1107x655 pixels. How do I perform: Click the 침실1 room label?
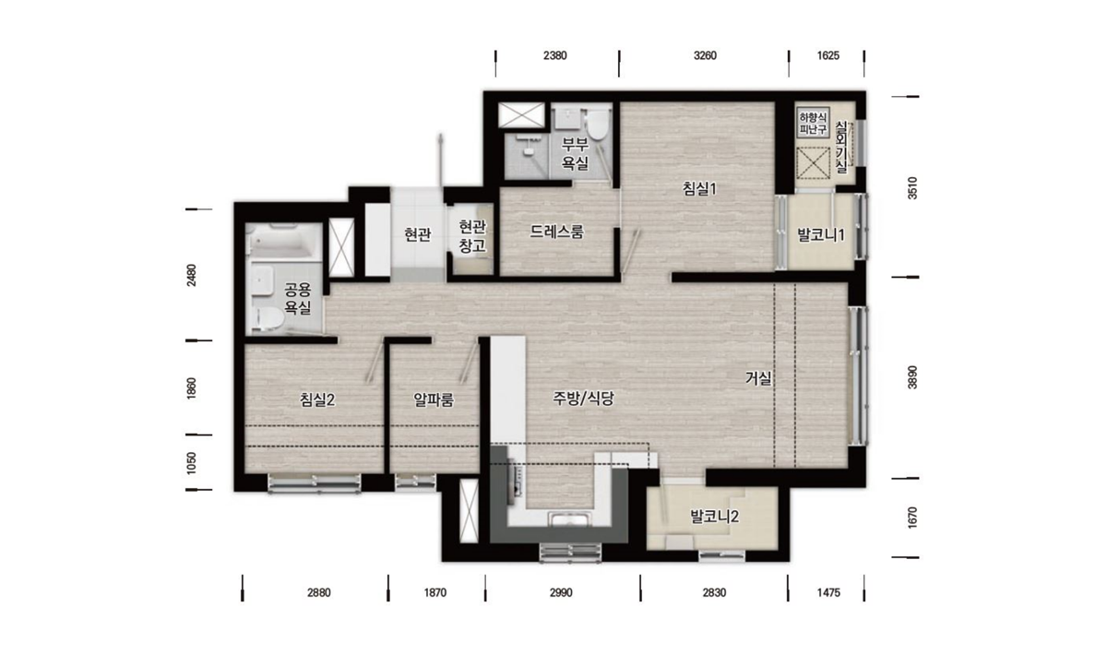tap(699, 188)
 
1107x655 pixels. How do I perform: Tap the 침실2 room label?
tap(317, 399)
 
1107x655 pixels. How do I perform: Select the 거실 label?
tap(758, 378)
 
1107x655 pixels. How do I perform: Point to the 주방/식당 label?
tap(583, 398)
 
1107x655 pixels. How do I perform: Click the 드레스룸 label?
tap(557, 232)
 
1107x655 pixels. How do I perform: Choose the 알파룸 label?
tap(434, 399)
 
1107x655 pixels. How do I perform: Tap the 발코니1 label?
tap(821, 235)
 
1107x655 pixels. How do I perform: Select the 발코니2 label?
tap(714, 517)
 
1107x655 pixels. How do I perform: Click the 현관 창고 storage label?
tap(472, 236)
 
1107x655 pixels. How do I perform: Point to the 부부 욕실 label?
tap(576, 154)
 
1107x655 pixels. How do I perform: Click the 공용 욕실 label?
tap(297, 298)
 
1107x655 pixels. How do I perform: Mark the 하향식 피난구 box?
tap(813, 124)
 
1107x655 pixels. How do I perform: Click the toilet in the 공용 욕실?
tap(268, 318)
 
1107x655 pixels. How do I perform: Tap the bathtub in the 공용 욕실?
tap(282, 242)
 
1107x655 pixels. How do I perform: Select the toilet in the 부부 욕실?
tap(597, 125)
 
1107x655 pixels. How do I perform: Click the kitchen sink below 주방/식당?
tap(570, 520)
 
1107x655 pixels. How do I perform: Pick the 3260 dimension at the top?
tap(705, 55)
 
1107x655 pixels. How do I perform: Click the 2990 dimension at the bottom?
tap(561, 592)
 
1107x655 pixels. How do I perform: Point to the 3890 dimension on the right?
tap(912, 377)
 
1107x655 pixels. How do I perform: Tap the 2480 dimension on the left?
tap(191, 275)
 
